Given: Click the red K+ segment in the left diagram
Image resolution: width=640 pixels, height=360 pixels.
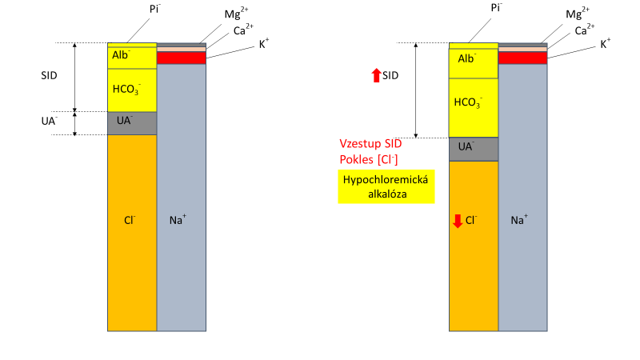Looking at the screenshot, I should pyautogui.click(x=182, y=58).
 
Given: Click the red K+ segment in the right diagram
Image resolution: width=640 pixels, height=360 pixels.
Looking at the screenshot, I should pyautogui.click(x=523, y=58).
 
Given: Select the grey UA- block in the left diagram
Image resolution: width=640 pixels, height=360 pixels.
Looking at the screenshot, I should pyautogui.click(x=132, y=123).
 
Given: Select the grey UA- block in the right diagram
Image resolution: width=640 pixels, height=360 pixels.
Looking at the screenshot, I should pyautogui.click(x=474, y=149).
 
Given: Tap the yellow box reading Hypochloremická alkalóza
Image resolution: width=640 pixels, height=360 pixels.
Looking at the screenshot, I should pyautogui.click(x=386, y=186).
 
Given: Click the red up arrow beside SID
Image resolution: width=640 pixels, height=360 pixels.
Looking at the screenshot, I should pyautogui.click(x=376, y=76).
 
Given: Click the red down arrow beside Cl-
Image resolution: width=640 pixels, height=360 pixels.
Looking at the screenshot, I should pyautogui.click(x=458, y=220).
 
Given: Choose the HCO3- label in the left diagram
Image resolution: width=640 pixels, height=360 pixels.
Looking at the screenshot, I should pyautogui.click(x=130, y=90).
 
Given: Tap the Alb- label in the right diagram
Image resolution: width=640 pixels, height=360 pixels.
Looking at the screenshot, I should pyautogui.click(x=466, y=58).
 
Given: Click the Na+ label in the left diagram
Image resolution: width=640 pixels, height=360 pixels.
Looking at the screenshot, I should pyautogui.click(x=179, y=218).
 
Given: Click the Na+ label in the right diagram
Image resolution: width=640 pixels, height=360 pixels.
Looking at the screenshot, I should pyautogui.click(x=520, y=218).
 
